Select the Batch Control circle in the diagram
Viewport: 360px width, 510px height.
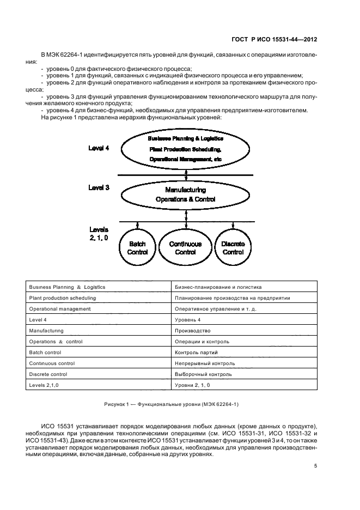137,248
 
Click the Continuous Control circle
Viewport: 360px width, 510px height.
185,248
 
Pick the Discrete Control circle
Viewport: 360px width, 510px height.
233,248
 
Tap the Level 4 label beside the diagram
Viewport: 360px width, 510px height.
99,148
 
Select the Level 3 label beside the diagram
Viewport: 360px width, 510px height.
99,187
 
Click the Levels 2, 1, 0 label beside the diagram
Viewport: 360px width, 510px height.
99,234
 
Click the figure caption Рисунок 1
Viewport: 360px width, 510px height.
172,404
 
